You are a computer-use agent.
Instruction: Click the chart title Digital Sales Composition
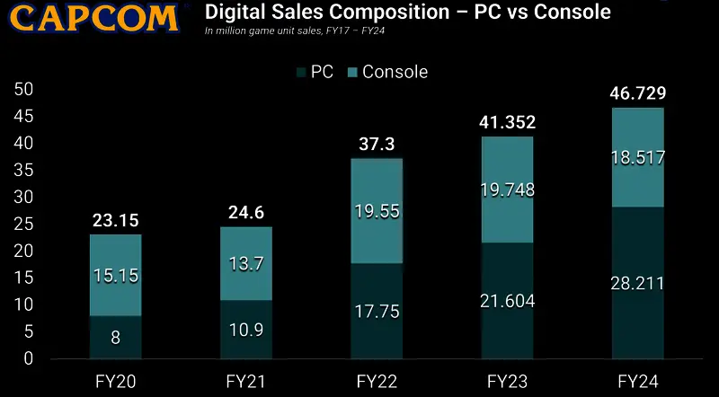point(408,13)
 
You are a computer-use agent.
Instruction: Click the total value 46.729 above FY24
point(639,93)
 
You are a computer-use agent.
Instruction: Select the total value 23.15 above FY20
point(116,218)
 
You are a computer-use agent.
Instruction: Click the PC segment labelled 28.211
point(639,283)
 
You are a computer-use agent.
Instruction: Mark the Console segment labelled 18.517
point(639,158)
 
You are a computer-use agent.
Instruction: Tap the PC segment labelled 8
point(116,338)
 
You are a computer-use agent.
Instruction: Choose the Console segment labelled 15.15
point(116,275)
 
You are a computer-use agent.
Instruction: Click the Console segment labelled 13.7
point(246,263)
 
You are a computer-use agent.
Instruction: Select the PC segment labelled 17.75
point(377,311)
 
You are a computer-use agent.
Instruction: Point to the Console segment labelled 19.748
point(508,190)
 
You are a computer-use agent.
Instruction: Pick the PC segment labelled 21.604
point(508,301)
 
